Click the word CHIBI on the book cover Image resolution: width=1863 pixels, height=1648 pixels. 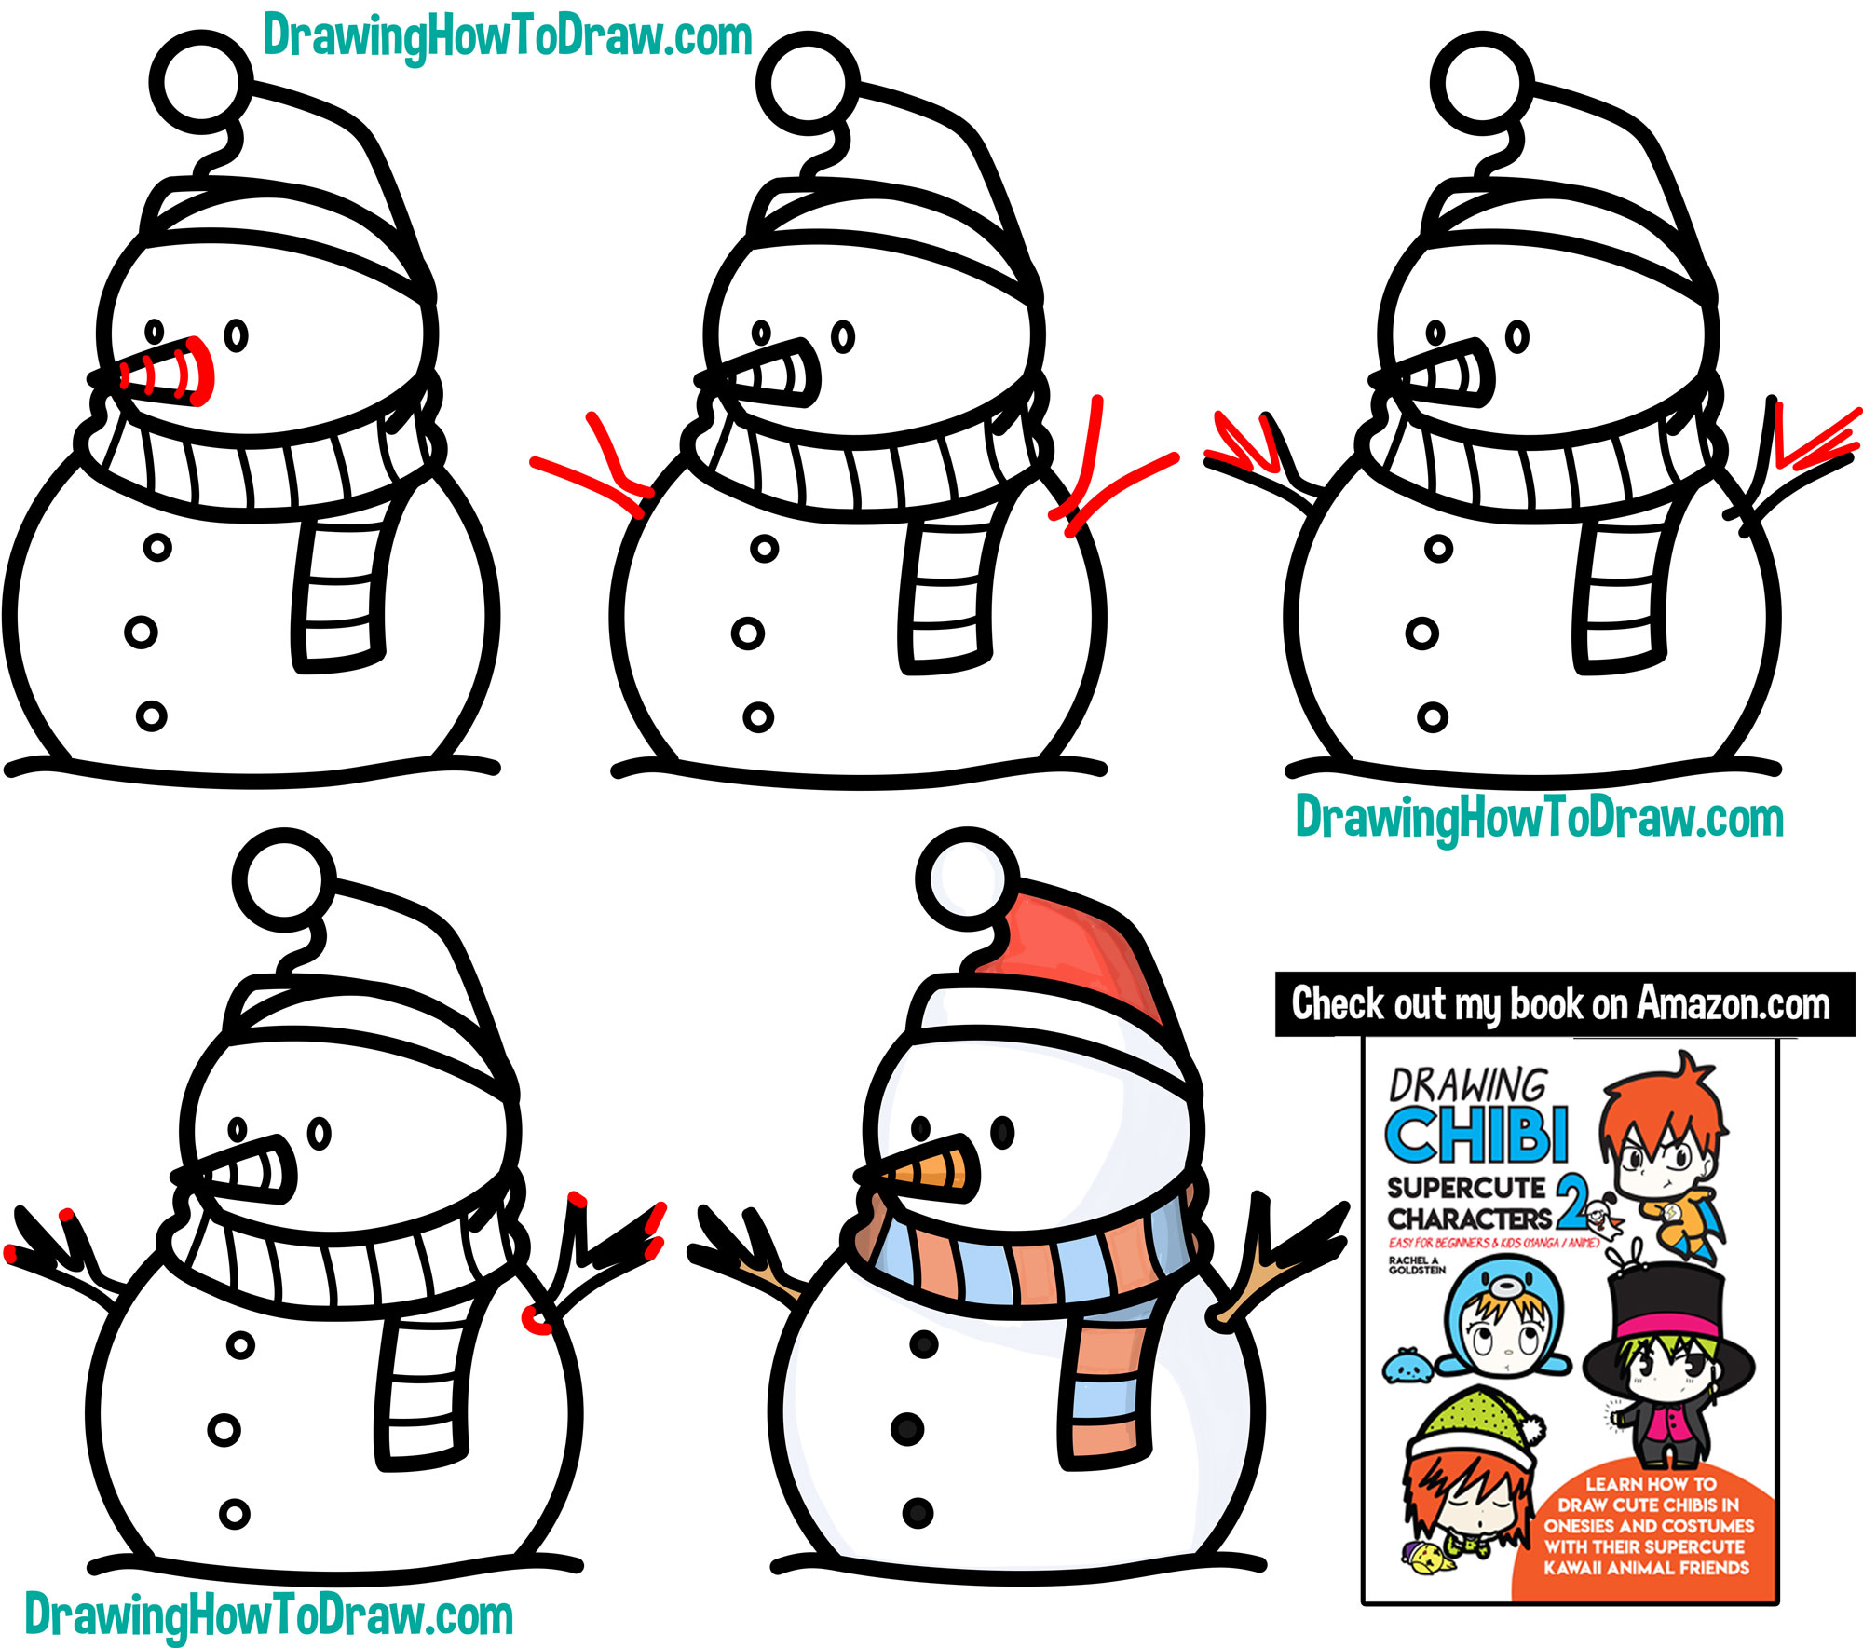[1477, 1134]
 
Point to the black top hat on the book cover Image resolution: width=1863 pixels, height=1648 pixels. [1667, 1304]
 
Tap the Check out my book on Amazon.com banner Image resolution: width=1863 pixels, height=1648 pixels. [1563, 1004]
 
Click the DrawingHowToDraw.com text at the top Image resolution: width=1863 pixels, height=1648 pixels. [508, 37]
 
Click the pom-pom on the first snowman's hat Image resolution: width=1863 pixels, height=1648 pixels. [200, 81]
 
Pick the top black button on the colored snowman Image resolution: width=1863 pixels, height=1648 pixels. [924, 1344]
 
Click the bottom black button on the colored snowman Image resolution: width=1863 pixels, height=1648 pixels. [918, 1513]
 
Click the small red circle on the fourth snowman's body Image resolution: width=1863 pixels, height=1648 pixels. [537, 1320]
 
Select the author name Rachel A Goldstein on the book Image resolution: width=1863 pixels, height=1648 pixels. [1417, 1264]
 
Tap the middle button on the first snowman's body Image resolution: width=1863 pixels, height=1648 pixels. [141, 633]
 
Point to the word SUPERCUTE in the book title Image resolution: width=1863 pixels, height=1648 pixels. [1465, 1189]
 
